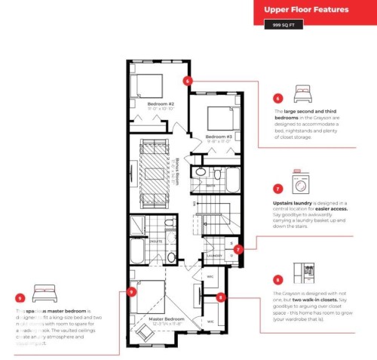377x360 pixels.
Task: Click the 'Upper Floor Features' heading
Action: pos(305,10)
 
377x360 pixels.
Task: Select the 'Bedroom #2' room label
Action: pos(161,104)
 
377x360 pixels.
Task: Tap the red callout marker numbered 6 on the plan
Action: pos(188,79)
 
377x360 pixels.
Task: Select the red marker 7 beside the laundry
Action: pos(238,249)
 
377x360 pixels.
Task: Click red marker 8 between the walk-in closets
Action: pos(220,297)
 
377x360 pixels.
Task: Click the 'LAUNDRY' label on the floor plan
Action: pos(214,255)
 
